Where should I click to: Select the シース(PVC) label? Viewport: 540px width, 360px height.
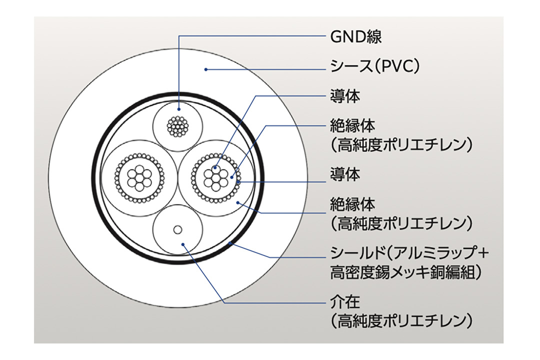point(374,66)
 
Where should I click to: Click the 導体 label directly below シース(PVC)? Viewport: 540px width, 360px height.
point(345,96)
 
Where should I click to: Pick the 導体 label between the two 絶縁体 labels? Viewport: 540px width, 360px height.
point(345,175)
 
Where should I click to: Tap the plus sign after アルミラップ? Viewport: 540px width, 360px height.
point(482,252)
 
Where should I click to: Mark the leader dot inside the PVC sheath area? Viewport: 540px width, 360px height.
point(206,69)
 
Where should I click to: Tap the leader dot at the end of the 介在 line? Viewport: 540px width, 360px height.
point(184,245)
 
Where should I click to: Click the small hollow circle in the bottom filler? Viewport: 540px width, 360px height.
point(177,229)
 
